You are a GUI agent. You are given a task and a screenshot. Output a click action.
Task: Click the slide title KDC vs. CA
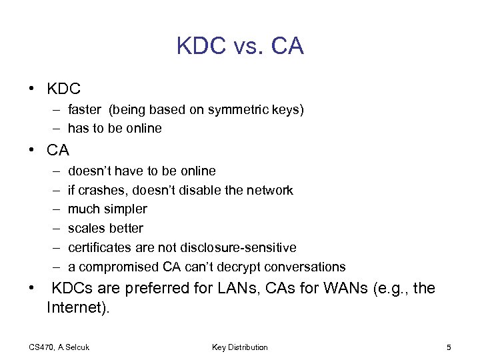240,46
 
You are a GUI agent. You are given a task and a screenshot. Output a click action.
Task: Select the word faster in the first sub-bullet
84,109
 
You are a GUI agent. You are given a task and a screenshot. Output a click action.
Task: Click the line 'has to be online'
115,128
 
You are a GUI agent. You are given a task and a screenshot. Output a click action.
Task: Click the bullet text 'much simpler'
107,209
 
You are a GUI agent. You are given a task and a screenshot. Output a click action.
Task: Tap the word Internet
75,308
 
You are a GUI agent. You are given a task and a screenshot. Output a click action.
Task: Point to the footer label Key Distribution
240,347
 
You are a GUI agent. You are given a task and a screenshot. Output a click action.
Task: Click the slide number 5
449,347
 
